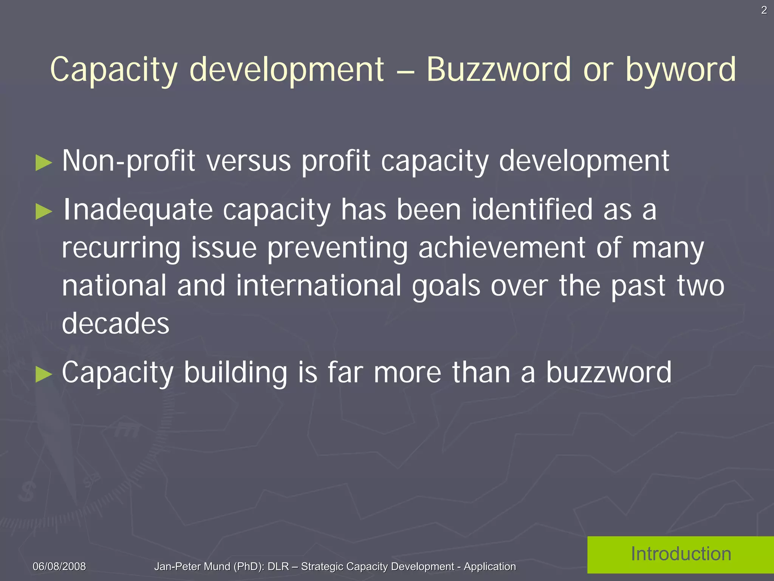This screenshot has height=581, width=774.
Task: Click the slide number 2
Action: coord(764,11)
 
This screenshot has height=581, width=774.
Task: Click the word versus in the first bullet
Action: coord(249,161)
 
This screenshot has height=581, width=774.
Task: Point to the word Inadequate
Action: coord(138,210)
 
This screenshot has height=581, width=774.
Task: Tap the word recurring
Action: coord(121,249)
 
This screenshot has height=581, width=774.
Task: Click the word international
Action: coord(319,286)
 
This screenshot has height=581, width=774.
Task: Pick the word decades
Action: coord(116,324)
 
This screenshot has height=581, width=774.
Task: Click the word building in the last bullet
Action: coord(235,373)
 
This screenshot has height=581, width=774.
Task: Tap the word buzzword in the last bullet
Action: coord(609,373)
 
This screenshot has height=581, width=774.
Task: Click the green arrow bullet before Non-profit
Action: coord(43,163)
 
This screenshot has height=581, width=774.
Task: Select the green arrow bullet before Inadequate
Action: coord(43,212)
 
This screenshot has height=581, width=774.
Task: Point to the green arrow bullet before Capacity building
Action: coord(43,374)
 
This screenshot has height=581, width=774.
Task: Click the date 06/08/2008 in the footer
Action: coord(59,566)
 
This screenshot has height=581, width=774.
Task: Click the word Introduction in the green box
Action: coord(681,554)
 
